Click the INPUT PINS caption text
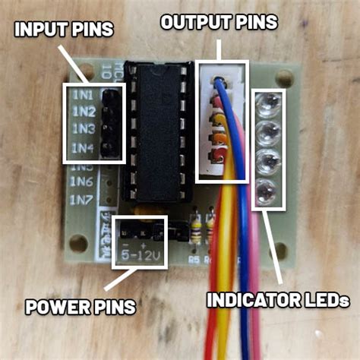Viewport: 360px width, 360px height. click(x=64, y=30)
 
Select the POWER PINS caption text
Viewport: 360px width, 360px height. click(x=81, y=308)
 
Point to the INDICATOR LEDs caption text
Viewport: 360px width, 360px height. click(x=278, y=300)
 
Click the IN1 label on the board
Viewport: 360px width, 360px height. click(x=83, y=96)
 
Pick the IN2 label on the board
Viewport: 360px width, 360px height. click(x=83, y=112)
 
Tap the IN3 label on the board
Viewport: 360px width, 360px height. click(x=83, y=129)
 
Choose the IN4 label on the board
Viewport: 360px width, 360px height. click(x=83, y=147)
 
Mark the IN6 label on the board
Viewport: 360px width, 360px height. click(x=83, y=182)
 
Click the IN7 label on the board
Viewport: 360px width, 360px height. click(x=83, y=201)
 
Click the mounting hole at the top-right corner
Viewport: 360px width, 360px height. click(x=285, y=77)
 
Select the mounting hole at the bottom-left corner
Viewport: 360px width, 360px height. click(x=77, y=243)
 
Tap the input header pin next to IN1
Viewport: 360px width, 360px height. click(x=111, y=96)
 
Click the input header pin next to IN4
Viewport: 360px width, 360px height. click(x=111, y=147)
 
